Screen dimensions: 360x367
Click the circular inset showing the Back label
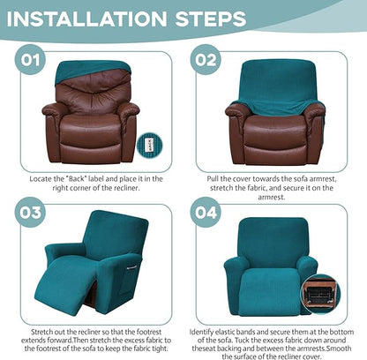click(151, 145)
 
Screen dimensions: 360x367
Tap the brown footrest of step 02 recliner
click(271, 150)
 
